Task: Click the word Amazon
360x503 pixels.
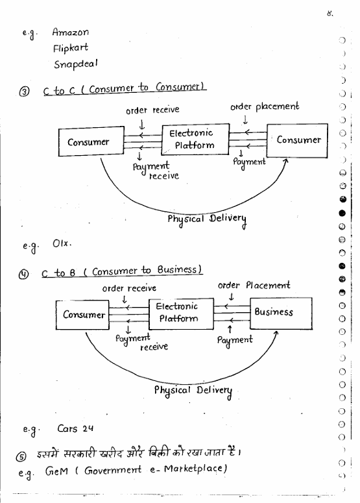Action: tap(71, 32)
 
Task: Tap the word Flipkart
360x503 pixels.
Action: tap(71, 48)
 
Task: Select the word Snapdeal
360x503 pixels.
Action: tap(76, 64)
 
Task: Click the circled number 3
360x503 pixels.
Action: tap(24, 92)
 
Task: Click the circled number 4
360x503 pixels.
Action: tap(23, 275)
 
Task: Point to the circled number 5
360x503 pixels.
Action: tap(21, 456)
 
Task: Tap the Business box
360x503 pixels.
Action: tap(281, 313)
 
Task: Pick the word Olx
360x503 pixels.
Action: tap(62, 243)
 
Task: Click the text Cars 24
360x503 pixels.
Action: tap(75, 428)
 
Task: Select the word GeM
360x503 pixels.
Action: tap(56, 471)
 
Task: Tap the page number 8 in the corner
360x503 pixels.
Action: tap(330, 14)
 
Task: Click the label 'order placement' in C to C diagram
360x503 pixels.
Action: tap(265, 106)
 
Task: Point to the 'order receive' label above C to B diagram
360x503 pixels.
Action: tap(129, 288)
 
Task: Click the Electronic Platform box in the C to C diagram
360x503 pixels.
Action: tap(195, 140)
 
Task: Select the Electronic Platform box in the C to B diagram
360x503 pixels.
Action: tap(181, 314)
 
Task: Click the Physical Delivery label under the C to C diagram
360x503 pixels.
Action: tap(207, 220)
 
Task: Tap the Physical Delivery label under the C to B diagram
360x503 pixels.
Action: tap(193, 391)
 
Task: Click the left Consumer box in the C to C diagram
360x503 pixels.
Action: tap(91, 141)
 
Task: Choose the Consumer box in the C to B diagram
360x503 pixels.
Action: tap(82, 315)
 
